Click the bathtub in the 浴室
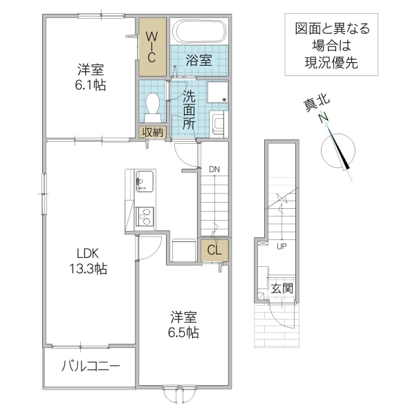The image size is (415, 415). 199,32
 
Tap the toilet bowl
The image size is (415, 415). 153,104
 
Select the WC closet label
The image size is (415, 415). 152,46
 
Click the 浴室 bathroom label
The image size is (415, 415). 199,60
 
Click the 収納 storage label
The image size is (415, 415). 153,132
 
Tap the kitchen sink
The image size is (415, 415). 143,182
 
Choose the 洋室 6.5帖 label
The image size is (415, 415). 185,324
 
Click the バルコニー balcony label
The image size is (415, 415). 90,366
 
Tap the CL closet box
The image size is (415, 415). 214,250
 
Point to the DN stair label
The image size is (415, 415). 214,169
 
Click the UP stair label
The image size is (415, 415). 282,246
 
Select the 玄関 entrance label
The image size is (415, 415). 281,287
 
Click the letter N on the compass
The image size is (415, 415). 322,119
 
